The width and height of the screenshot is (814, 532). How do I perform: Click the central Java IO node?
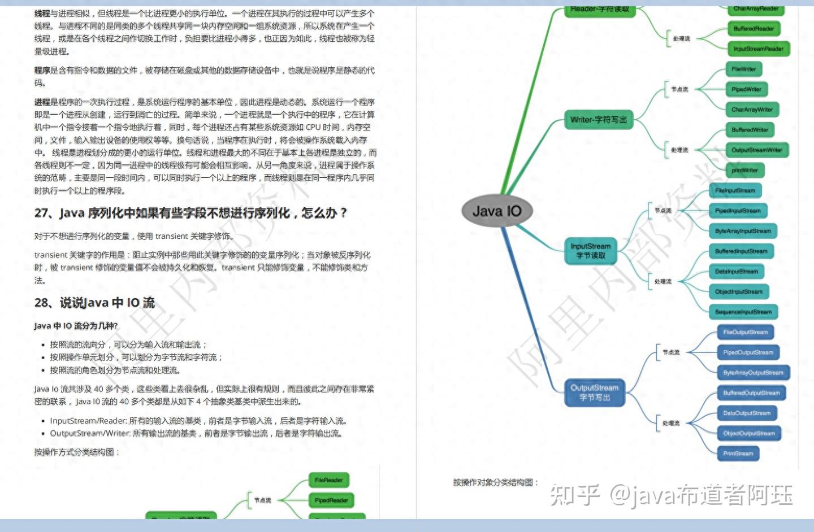point(496,211)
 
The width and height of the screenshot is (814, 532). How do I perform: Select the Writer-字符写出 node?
point(598,120)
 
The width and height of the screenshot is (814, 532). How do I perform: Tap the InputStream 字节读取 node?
point(590,251)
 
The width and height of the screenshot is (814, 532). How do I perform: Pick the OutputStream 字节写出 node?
point(594,393)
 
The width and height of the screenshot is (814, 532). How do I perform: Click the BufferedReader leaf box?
point(754,29)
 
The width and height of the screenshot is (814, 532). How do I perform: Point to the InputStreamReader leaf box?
point(758,49)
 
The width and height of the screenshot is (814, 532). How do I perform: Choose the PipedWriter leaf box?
point(746,89)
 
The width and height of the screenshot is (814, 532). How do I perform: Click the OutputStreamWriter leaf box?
point(756,150)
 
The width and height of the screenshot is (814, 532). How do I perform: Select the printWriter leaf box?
point(744,171)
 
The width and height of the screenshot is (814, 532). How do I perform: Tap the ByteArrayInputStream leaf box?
point(743,231)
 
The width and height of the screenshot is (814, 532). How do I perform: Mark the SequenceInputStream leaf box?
point(743,312)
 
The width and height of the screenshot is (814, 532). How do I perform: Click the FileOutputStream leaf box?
point(745,332)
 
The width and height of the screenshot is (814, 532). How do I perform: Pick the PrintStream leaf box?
point(738,453)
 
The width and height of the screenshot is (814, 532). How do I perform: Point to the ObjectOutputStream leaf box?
point(748,433)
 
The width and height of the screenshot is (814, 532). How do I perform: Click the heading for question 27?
point(190,213)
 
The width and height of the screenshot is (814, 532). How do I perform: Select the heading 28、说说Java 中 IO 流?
point(94,303)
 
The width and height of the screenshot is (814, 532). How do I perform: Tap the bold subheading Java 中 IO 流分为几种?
point(76,326)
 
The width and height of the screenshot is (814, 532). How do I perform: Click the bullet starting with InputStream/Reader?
point(198,421)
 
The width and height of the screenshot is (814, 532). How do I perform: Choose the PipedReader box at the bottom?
point(331,500)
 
